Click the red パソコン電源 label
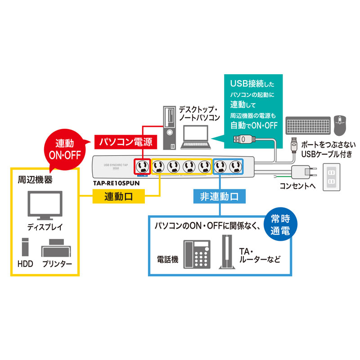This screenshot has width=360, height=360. tap(126, 142)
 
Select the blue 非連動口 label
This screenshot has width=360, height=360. tap(219, 196)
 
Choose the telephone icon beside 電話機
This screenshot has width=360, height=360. tap(197, 254)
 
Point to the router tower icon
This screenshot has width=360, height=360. tap(226, 252)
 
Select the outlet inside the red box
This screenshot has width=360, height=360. tap(143, 167)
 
